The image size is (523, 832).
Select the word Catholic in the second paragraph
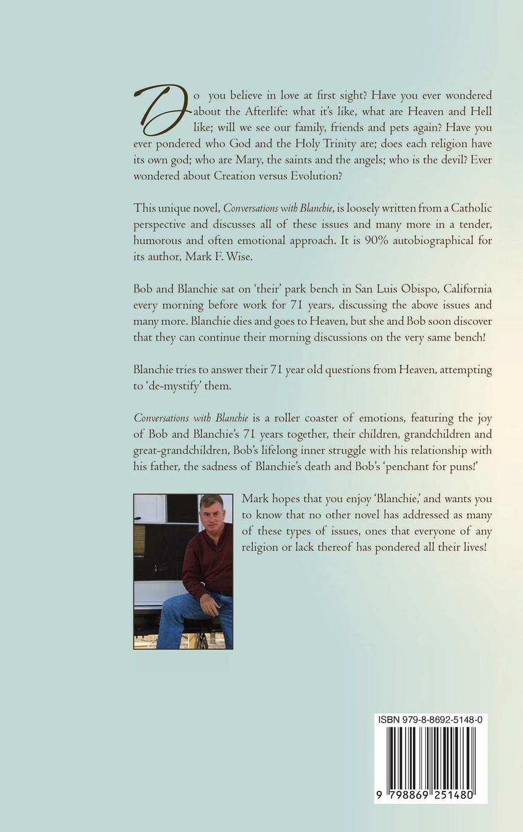pos(469,208)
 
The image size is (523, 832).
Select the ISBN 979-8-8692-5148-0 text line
pos(431,720)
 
